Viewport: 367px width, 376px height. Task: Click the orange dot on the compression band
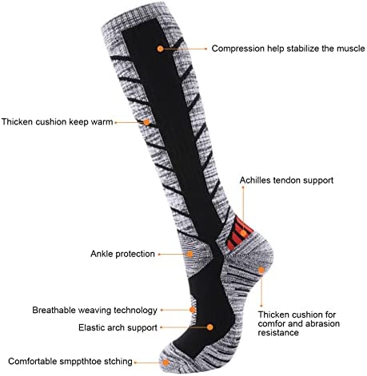pyautogui.click(x=160, y=49)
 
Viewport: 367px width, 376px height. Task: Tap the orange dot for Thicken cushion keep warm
pyautogui.click(x=146, y=122)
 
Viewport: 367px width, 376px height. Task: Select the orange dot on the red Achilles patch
pyautogui.click(x=243, y=233)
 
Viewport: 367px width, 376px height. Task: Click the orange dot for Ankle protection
pyautogui.click(x=189, y=254)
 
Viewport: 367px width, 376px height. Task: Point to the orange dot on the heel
pyautogui.click(x=261, y=270)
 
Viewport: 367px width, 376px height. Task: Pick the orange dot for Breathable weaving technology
pyautogui.click(x=193, y=310)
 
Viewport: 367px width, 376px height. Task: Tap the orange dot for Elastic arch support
pyautogui.click(x=210, y=327)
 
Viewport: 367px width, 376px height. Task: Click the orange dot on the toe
pyautogui.click(x=166, y=362)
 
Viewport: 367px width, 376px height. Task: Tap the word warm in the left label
pyautogui.click(x=102, y=122)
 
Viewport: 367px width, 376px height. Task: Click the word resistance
pyautogui.click(x=278, y=333)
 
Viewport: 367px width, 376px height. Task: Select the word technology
pyautogui.click(x=135, y=311)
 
